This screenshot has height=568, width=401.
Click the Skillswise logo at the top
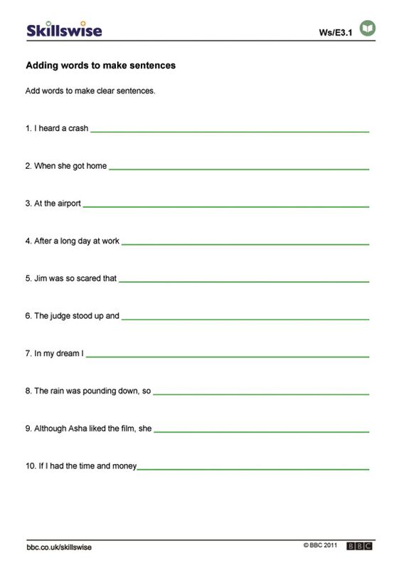[x=64, y=30]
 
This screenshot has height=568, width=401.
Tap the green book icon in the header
[x=368, y=28]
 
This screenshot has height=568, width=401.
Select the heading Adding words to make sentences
[x=100, y=65]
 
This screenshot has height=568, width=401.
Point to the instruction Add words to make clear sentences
[x=90, y=91]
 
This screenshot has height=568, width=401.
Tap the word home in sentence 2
[x=97, y=166]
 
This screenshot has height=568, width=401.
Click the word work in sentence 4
[x=110, y=241]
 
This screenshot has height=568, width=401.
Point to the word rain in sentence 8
[x=58, y=391]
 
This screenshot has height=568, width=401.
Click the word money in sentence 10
[x=125, y=466]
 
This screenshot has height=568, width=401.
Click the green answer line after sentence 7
[x=228, y=357]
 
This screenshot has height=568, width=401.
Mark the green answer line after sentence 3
[x=226, y=206]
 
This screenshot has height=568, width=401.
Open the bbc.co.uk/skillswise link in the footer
[x=59, y=547]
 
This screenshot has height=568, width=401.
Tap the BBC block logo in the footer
[x=360, y=546]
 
